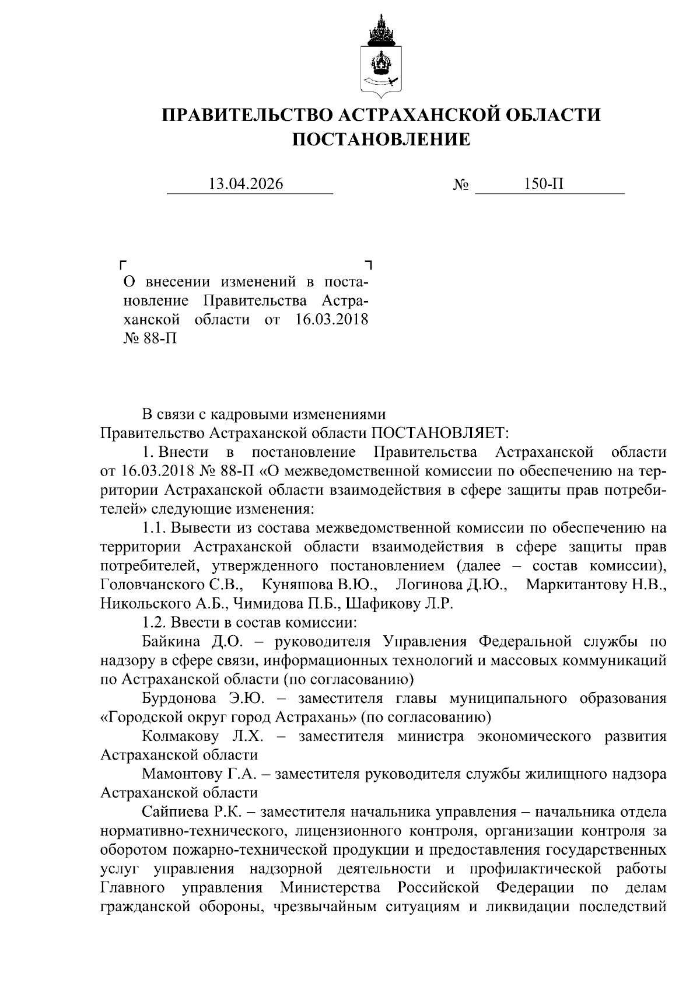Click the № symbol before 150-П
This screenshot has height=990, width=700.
click(461, 186)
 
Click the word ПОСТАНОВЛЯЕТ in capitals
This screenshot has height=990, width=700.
click(440, 433)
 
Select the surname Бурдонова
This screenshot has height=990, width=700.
click(179, 698)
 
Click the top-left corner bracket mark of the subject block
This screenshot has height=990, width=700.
click(123, 264)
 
